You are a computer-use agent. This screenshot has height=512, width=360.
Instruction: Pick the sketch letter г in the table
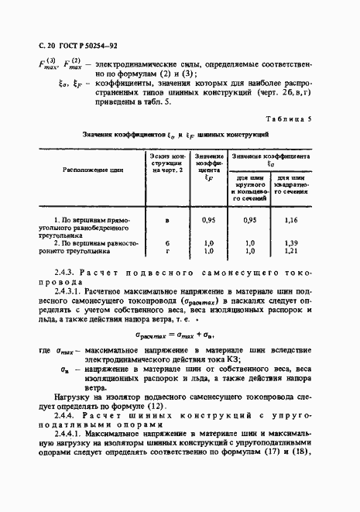tap(166, 251)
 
